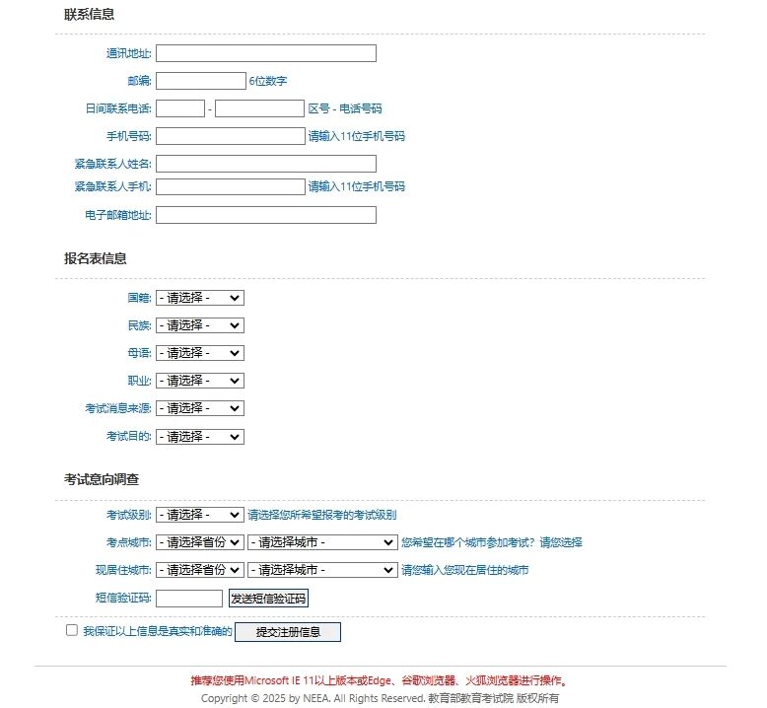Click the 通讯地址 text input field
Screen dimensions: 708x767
coord(266,53)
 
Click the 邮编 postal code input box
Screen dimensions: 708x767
coord(201,81)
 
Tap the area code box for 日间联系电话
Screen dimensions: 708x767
coord(180,108)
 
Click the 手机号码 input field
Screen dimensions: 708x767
coord(231,136)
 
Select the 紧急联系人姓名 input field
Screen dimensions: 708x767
coord(266,164)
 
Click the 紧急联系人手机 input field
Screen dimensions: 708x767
coord(231,186)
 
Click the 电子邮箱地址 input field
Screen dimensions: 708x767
coord(266,215)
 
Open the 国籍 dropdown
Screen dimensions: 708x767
coord(199,298)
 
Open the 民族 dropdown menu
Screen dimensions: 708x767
coord(199,325)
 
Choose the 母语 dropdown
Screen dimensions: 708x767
coord(199,353)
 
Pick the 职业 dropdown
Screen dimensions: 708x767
coord(199,381)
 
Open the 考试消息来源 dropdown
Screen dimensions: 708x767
coord(199,408)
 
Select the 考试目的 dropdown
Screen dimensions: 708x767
coord(199,437)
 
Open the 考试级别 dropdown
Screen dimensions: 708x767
coord(199,515)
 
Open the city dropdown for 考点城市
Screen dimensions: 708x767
coord(322,542)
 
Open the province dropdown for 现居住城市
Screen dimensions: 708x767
coord(199,570)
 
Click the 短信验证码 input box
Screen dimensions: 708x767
coord(189,599)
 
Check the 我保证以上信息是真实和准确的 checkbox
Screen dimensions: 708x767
coord(72,630)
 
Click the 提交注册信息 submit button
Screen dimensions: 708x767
coord(288,632)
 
